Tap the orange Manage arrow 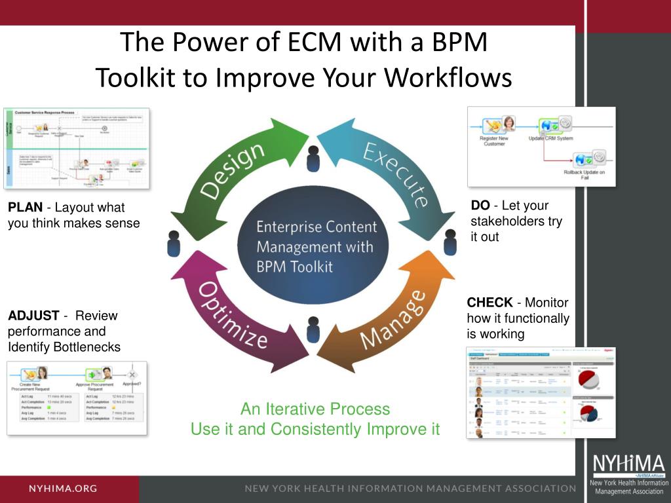coord(393,321)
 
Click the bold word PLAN coord(25,208)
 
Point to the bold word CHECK coord(489,303)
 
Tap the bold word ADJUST coord(33,316)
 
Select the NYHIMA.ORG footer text coord(63,489)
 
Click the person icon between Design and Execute coord(313,157)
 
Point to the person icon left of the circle coord(174,243)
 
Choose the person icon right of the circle coord(450,242)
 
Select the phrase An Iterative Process coord(315,409)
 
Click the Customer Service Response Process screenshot coord(76,149)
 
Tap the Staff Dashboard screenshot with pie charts coord(541,392)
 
